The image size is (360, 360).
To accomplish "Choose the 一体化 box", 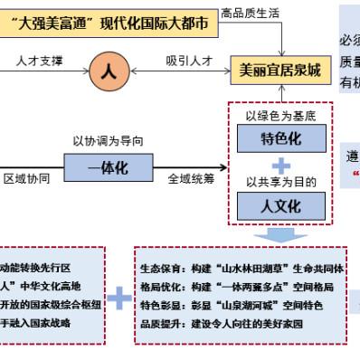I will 107,169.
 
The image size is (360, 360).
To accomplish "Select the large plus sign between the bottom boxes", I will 119,295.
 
